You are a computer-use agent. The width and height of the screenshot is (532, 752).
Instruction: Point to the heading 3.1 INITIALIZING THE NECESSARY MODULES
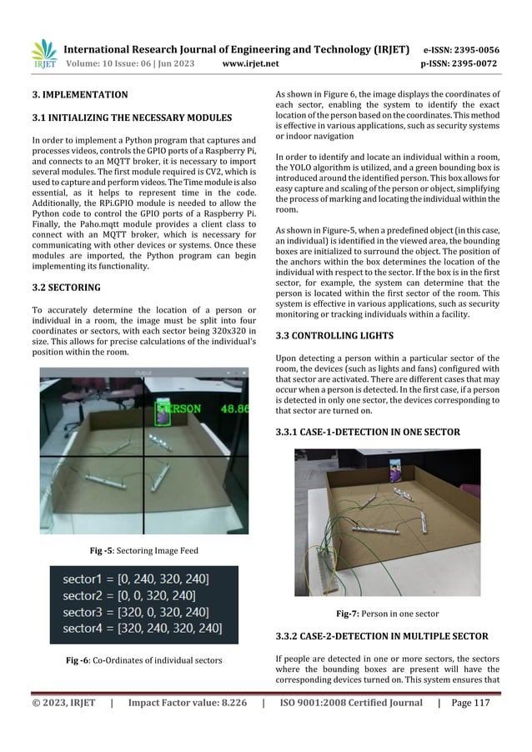click(136, 118)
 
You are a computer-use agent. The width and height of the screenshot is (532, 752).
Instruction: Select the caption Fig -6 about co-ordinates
click(144, 660)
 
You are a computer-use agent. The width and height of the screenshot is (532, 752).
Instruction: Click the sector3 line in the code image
click(138, 610)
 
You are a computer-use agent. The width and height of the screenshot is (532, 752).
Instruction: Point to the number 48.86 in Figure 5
click(233, 409)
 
